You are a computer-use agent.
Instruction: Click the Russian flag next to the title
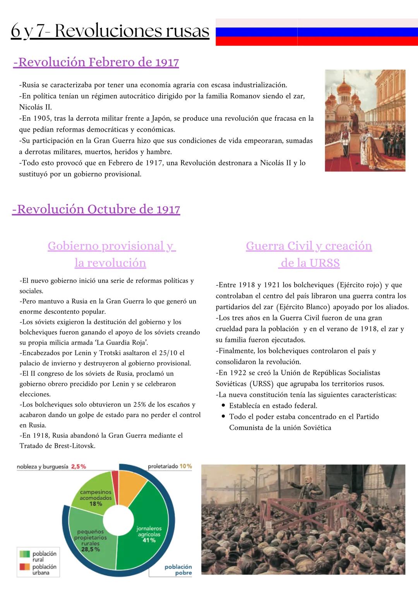coord(316,32)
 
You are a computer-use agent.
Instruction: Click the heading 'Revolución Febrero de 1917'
coord(96,62)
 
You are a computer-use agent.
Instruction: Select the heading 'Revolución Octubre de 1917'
coord(96,209)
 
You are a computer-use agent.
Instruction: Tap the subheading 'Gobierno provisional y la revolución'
coord(111,254)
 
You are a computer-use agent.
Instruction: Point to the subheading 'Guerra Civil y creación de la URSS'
coord(309,254)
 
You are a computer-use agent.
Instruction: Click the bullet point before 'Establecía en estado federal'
coord(224,406)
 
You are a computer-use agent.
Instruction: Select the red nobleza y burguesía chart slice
coord(115,482)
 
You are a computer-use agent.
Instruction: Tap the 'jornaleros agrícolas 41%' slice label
coord(149,534)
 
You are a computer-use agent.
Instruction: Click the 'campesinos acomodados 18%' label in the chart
coord(96,498)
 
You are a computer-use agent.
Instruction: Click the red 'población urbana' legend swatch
coord(25,567)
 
